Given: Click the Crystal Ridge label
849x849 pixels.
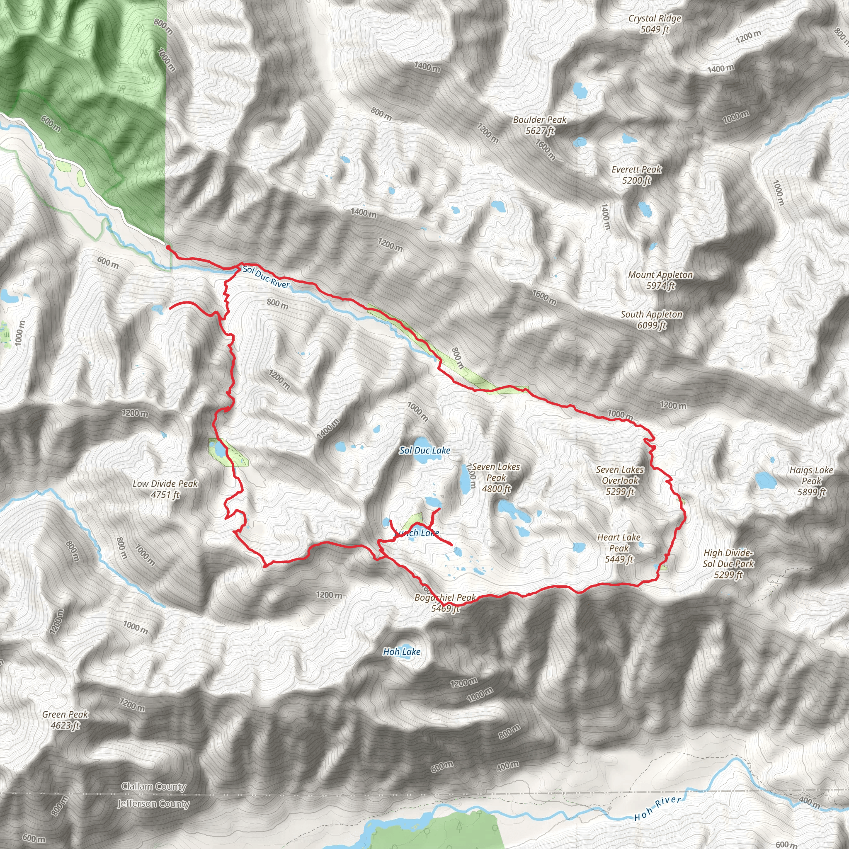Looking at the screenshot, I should (x=654, y=24).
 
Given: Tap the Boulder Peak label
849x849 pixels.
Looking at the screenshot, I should (x=540, y=125).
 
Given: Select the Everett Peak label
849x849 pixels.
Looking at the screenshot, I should (x=636, y=175).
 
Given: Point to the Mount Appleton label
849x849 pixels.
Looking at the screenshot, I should (x=660, y=280).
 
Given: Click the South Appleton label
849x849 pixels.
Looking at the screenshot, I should (x=651, y=320).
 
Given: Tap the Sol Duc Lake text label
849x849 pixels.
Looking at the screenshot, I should (x=424, y=451).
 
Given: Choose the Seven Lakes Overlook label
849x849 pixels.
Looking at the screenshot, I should (x=620, y=481).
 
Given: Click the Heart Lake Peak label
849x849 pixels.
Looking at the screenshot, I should (x=619, y=548).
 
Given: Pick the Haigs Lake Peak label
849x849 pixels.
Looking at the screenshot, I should (x=811, y=481).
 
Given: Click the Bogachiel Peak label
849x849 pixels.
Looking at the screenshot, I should (x=445, y=603).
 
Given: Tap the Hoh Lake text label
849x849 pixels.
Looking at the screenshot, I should (x=402, y=652).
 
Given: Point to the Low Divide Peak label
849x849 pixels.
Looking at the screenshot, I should (x=165, y=489).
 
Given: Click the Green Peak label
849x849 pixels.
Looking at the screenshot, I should (x=65, y=720).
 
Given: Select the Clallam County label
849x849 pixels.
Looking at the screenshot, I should (x=154, y=786).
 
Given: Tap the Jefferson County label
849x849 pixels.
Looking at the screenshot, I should (x=153, y=804).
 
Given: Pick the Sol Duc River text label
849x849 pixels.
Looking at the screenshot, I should (x=266, y=277).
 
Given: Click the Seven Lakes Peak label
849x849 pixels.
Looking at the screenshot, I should (x=496, y=478).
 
